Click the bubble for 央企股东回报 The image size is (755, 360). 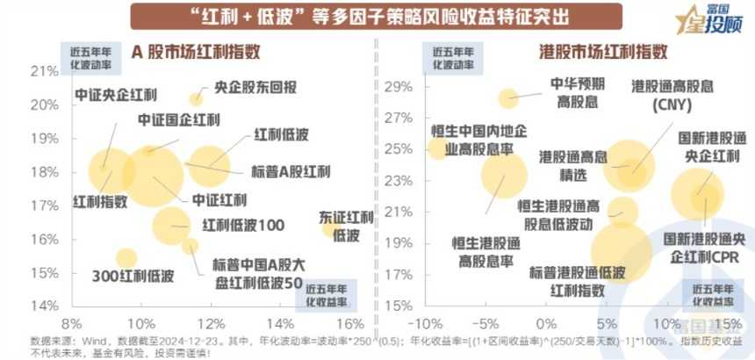[x=197, y=99]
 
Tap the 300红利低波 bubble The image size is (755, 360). [x=126, y=257]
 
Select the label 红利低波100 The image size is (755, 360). [x=243, y=226]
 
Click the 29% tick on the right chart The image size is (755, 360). [x=399, y=88]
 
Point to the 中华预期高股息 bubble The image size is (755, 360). [x=509, y=98]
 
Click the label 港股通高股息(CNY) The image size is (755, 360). [x=672, y=96]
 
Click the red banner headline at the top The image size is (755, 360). [x=377, y=16]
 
